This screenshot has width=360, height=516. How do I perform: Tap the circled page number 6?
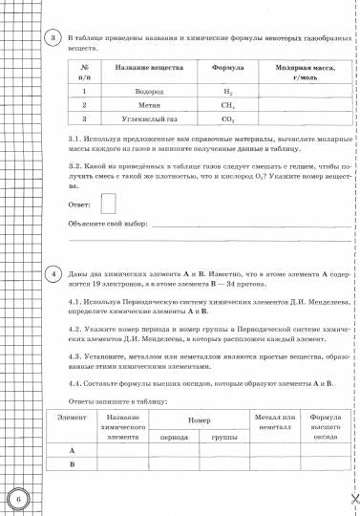(18, 497)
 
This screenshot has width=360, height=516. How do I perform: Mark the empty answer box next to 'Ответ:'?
(109, 203)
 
